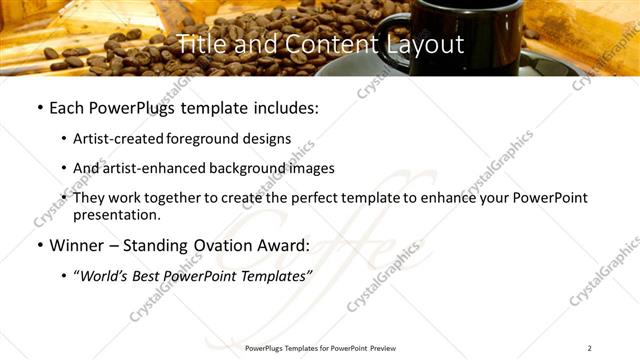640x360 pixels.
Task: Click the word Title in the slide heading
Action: [200, 44]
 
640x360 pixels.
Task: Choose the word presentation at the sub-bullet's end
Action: [116, 214]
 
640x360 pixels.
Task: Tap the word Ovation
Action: [230, 245]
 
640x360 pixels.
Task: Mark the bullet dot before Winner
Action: [39, 246]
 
